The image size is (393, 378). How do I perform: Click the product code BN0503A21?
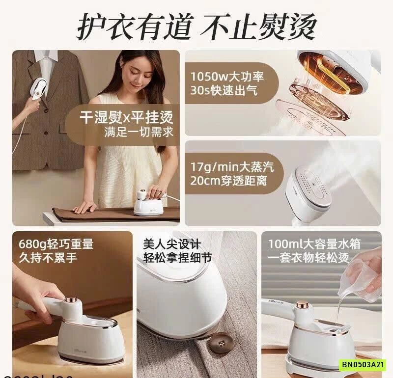363,365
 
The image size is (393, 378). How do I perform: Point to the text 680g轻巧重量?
56,244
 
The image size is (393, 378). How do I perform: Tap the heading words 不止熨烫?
260,27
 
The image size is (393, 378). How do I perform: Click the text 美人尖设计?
172,244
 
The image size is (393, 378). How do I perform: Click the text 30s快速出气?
224,91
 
